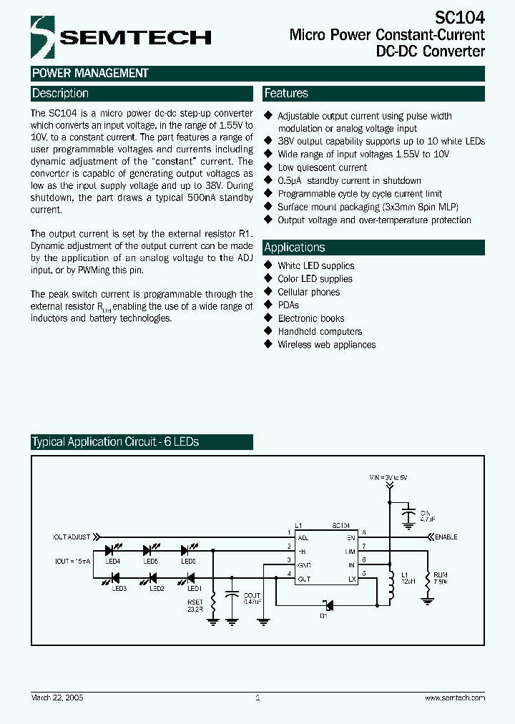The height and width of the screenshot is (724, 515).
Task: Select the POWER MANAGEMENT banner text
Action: click(90, 73)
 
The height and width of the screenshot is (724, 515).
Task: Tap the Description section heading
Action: click(61, 94)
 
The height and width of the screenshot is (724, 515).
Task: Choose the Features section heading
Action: click(286, 94)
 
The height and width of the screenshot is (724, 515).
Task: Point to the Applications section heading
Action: click(295, 248)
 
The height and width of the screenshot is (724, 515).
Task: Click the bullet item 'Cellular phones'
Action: click(308, 292)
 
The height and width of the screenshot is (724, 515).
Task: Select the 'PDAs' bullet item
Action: click(288, 305)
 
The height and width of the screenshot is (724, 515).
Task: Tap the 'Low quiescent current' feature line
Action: click(322, 167)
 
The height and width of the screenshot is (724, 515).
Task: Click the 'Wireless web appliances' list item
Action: click(326, 344)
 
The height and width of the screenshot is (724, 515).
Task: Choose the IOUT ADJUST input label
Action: click(72, 536)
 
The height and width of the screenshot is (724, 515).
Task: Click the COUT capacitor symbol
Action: click(231, 595)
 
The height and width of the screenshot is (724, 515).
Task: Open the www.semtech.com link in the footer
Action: click(455, 698)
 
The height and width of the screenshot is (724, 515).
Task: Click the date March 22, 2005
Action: click(57, 698)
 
